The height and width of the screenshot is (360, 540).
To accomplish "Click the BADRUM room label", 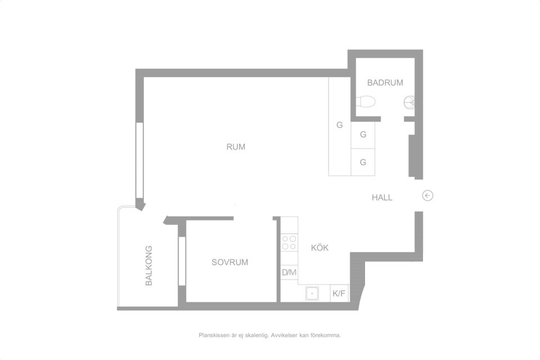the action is coord(385,83).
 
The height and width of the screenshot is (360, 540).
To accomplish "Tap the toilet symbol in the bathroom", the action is coord(366,102).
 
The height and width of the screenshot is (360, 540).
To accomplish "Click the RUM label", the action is coord(236,147).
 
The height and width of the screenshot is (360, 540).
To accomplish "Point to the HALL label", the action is coord(382,197).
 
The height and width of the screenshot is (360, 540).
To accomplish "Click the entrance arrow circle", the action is coord(427,196).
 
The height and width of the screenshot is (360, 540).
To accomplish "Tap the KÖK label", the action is coord(319,247).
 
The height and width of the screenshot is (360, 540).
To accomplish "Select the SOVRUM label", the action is coord(229,262).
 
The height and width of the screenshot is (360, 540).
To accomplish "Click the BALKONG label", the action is coord(148,265).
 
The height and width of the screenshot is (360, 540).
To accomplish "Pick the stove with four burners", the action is coord(289,242).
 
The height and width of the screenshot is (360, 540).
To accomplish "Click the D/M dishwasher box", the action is coord(289,272).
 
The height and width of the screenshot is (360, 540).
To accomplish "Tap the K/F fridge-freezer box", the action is coord(339,294).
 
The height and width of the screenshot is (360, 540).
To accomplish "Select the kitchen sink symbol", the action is coord(312,293).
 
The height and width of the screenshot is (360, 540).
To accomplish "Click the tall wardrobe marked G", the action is coord(340,126).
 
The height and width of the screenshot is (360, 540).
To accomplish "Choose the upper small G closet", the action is coord(363,134).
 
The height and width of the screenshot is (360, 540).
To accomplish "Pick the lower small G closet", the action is coord(363,162).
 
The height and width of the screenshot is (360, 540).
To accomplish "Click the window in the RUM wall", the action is coord(139,160).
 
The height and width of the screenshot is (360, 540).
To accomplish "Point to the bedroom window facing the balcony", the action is coord(182,261).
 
